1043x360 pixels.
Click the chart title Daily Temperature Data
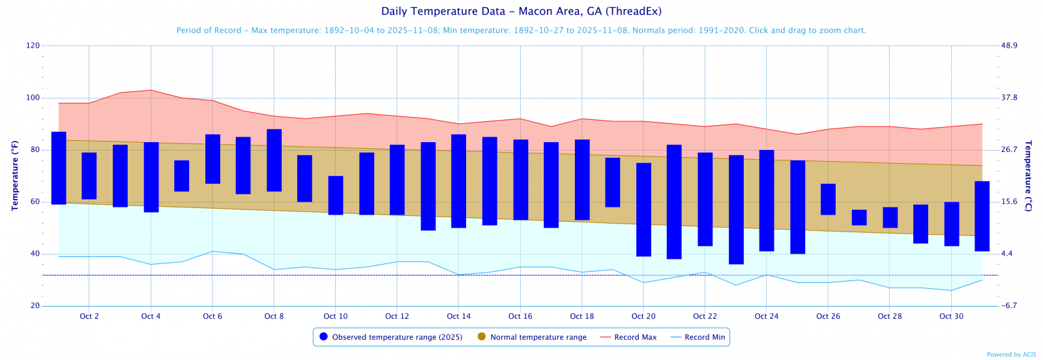(521, 11)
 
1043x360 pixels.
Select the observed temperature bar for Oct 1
(59, 168)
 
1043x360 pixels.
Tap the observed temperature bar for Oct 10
(336, 195)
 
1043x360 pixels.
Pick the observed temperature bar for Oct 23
(736, 209)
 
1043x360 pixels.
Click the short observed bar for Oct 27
(859, 217)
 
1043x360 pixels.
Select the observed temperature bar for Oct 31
(982, 216)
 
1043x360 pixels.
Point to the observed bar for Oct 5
(182, 175)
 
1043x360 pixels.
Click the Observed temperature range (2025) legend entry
(390, 337)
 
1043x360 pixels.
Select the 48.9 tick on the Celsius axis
(1009, 46)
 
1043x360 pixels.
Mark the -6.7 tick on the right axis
(1009, 306)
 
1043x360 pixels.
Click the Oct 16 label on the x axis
(520, 316)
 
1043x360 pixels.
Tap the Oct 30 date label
(951, 316)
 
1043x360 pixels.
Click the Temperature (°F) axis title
(15, 175)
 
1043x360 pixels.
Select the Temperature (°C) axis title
(1028, 175)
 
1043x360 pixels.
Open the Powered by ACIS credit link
(1011, 355)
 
